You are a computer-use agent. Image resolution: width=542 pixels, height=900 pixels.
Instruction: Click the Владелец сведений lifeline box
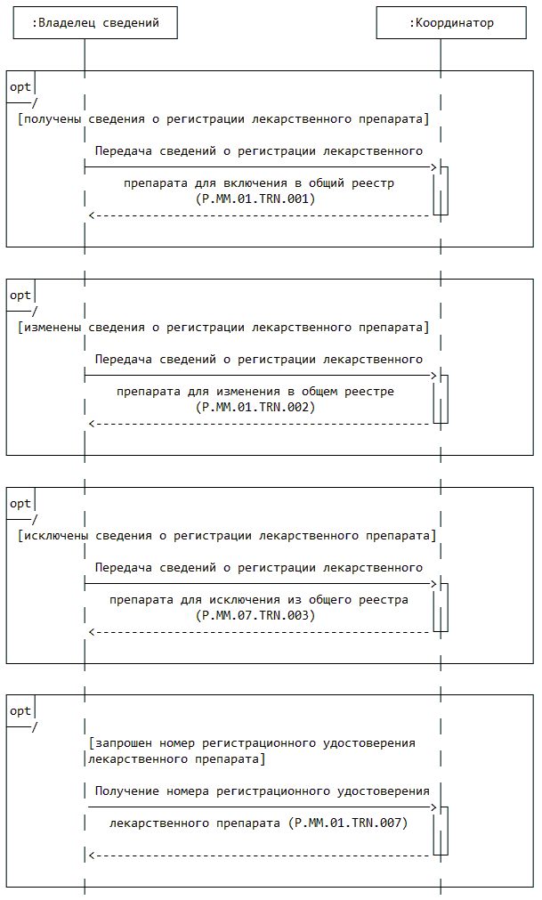(95, 23)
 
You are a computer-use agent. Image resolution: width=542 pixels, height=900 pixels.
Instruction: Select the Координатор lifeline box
(450, 23)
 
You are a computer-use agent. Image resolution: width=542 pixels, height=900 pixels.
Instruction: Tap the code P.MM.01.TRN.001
(255, 199)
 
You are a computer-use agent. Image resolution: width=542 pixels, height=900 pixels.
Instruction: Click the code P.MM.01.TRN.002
(255, 407)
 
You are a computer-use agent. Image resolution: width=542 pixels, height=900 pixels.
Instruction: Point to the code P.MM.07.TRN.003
(255, 615)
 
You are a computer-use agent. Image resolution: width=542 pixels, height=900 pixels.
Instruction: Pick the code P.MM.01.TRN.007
(351, 823)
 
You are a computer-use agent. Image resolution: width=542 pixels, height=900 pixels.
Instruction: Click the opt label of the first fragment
(20, 87)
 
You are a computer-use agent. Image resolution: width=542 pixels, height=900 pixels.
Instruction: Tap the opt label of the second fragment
(20, 296)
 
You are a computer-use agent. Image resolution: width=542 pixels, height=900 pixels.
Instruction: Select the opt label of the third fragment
(20, 504)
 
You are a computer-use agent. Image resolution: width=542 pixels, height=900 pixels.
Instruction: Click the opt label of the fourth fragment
(20, 711)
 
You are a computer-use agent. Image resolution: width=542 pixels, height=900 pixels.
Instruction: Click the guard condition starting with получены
(223, 118)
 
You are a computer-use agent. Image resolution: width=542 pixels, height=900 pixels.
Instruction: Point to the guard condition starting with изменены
(223, 327)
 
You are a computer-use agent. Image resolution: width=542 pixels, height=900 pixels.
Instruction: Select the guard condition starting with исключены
(227, 535)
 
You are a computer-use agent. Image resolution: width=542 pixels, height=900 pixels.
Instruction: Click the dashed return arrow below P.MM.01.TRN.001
(258, 215)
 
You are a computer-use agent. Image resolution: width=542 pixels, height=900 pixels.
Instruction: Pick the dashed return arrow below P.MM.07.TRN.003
(258, 632)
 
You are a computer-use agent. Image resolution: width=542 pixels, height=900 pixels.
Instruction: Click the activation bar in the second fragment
(441, 399)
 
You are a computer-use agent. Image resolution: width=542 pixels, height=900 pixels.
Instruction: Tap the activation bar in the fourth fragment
(441, 831)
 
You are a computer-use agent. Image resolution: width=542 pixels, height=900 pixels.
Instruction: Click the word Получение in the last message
(127, 791)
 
